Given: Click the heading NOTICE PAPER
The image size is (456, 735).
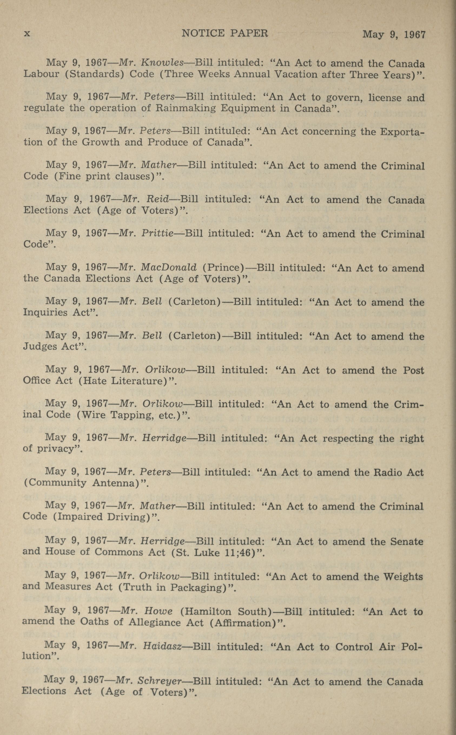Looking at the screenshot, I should click(x=225, y=33).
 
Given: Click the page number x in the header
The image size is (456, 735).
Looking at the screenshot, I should click(x=27, y=33).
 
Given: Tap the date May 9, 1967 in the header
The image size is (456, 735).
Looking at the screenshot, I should click(x=394, y=34).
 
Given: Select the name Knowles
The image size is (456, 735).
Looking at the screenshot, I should click(x=162, y=63).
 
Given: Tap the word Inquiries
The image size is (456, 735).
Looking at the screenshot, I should click(x=45, y=312).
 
